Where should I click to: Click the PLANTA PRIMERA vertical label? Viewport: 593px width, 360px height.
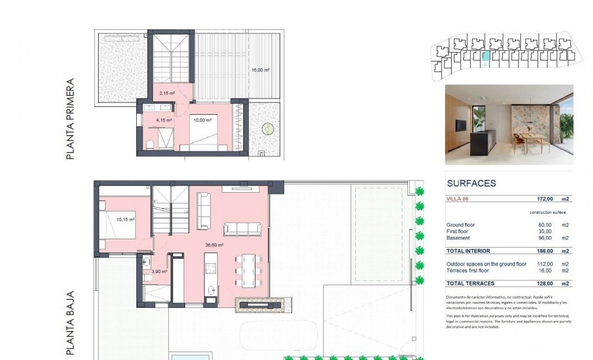(x=70, y=119)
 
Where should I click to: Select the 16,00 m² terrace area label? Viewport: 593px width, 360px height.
(x=260, y=70)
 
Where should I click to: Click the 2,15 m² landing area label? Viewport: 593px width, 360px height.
(x=167, y=94)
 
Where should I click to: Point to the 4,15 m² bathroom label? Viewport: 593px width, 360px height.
(x=164, y=120)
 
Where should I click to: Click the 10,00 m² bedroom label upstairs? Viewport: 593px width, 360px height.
(x=201, y=120)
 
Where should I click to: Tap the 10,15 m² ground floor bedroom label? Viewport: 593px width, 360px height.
(x=126, y=219)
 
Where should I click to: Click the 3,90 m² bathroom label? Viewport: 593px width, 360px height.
(x=159, y=271)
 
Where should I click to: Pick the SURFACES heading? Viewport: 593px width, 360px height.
(x=471, y=183)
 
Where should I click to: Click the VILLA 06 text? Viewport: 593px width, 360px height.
(x=458, y=198)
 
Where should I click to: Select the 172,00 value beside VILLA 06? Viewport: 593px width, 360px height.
(x=545, y=198)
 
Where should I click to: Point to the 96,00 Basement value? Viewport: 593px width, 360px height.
(x=545, y=238)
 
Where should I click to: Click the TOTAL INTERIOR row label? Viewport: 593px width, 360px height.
(x=468, y=251)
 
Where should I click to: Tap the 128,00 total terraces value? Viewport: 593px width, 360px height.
(x=545, y=284)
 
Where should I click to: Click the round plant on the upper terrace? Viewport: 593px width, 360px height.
(x=268, y=128)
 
